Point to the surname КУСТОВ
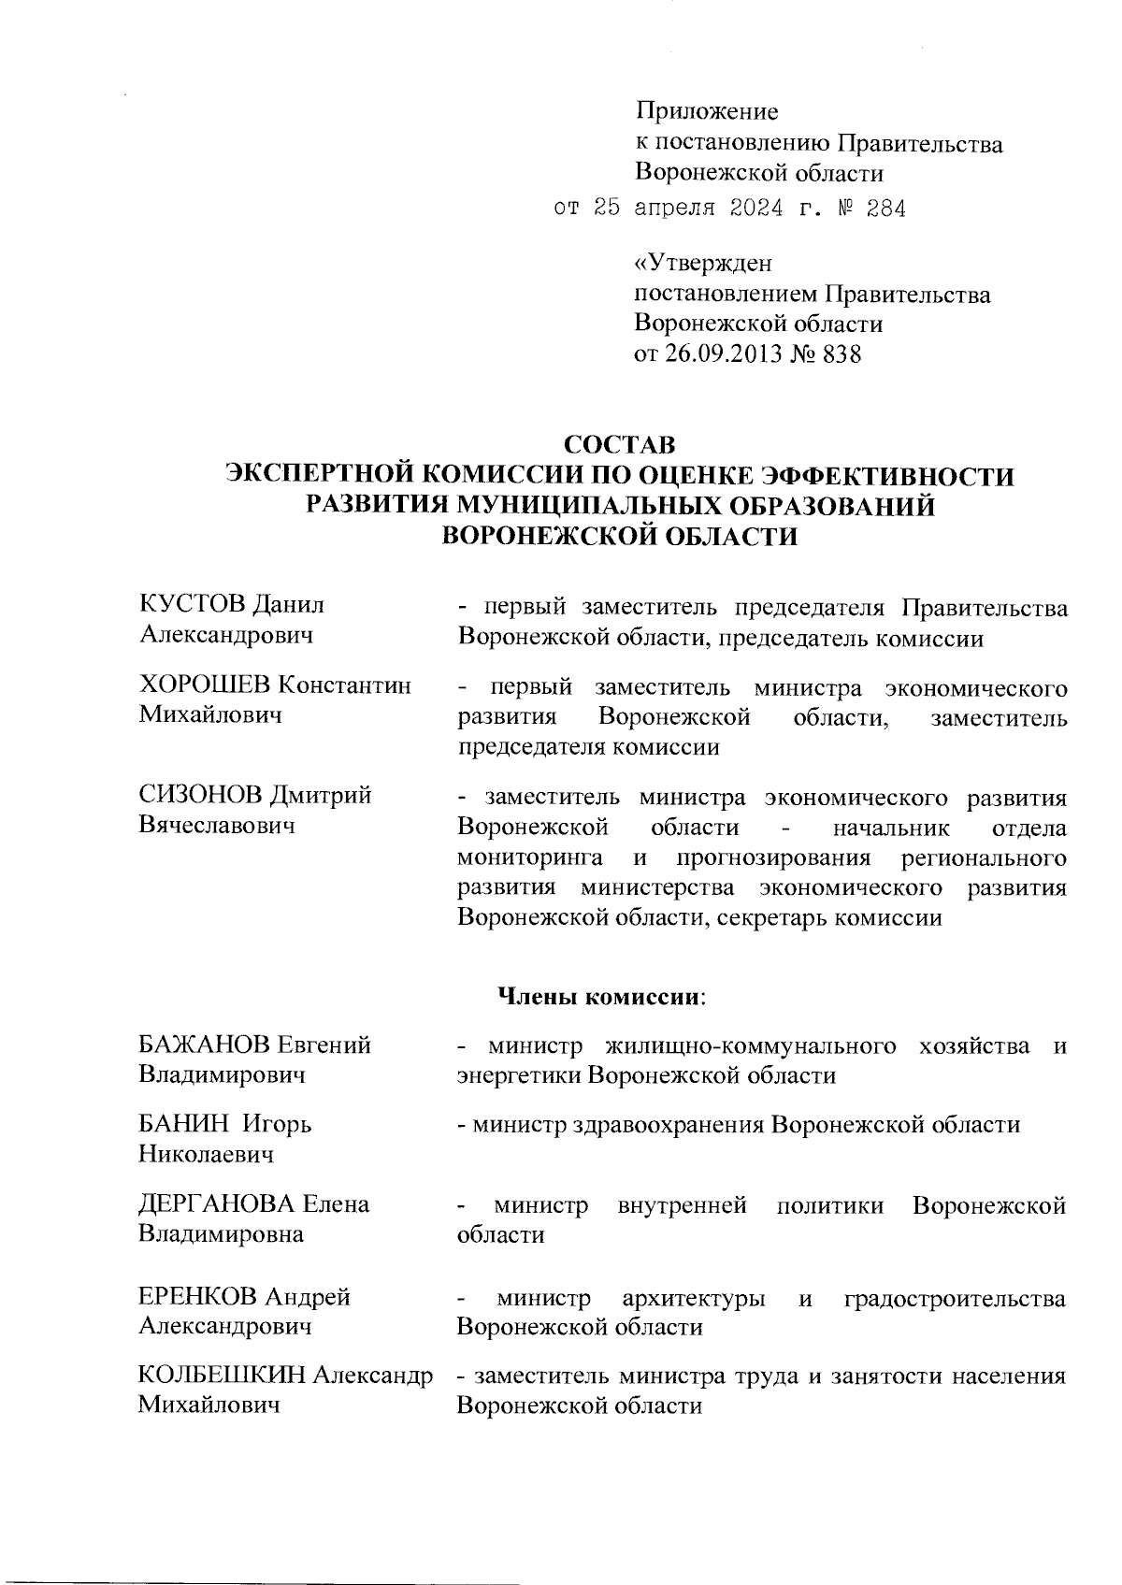tap(193, 605)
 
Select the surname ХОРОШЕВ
tap(206, 685)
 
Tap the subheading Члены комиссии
tap(600, 997)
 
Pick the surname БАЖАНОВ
tap(204, 1045)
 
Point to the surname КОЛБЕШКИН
tap(221, 1376)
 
